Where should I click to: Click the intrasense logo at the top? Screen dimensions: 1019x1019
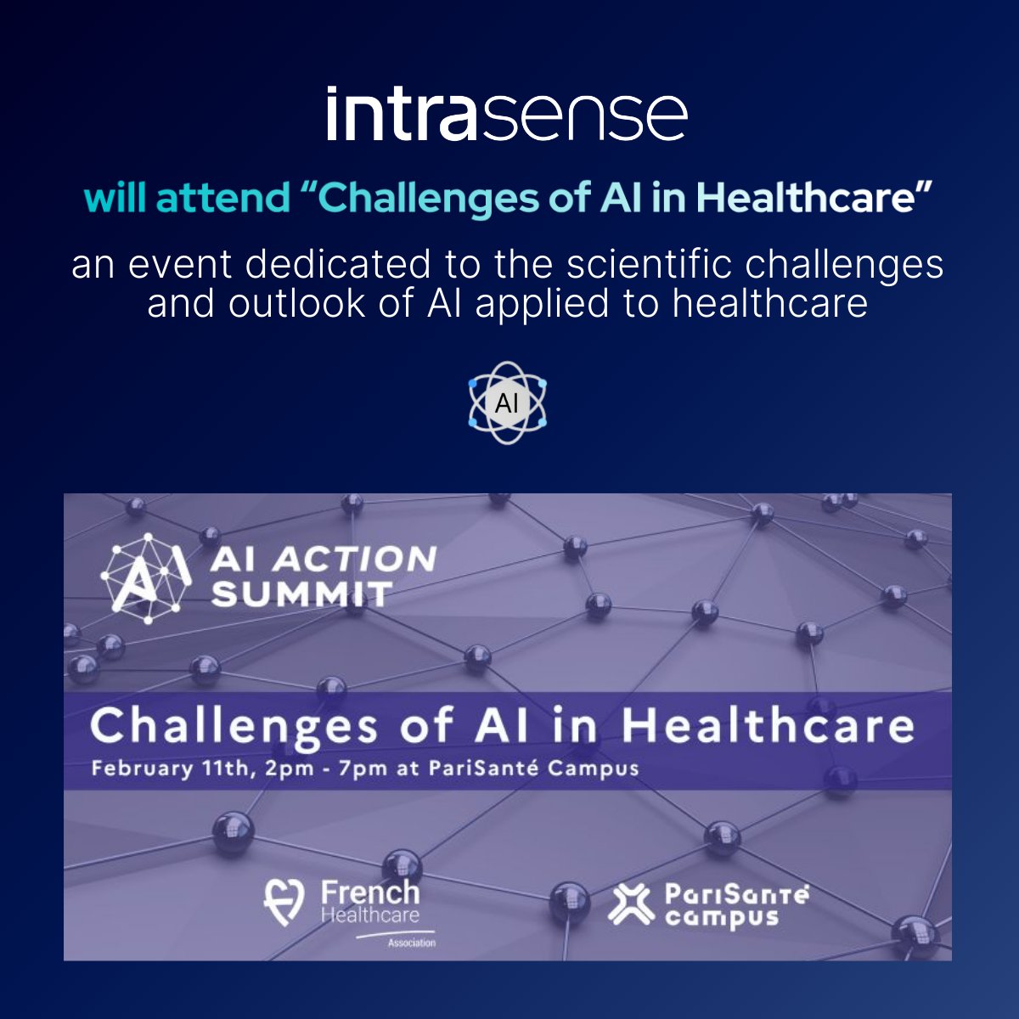(507, 114)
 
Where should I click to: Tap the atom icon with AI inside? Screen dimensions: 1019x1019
(507, 403)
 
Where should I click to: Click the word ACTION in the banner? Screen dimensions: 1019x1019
(355, 559)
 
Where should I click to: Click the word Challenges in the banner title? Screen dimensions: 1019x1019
(234, 727)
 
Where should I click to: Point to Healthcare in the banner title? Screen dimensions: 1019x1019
(767, 726)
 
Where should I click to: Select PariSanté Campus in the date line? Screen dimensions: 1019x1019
(532, 769)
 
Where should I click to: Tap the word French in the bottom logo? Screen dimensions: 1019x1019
(370, 892)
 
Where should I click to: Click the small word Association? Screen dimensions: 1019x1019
(411, 943)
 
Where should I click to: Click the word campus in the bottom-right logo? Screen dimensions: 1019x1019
(722, 918)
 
